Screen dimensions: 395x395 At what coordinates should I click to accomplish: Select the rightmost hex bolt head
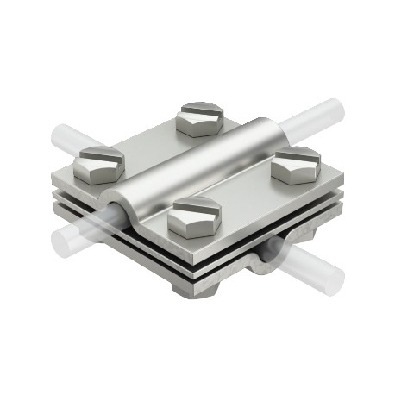click(x=297, y=166)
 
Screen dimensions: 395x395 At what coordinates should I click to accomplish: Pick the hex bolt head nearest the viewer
click(x=192, y=216)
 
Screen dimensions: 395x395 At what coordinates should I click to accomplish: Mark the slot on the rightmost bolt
click(x=298, y=155)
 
